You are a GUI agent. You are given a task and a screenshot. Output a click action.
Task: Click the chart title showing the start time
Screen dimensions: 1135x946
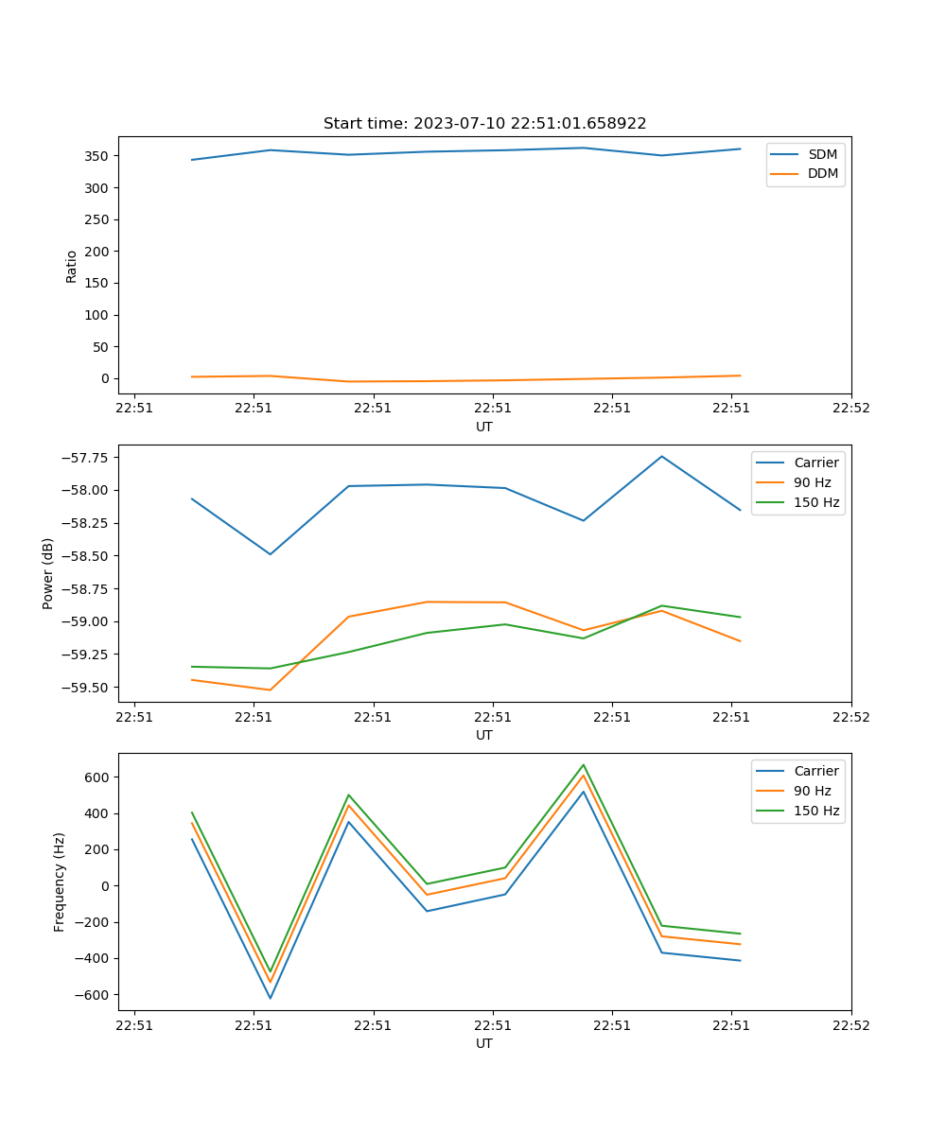(x=484, y=124)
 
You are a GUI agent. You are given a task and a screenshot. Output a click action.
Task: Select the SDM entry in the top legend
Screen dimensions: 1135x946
(x=822, y=154)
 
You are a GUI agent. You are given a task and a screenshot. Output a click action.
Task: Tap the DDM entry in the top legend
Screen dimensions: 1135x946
(x=823, y=173)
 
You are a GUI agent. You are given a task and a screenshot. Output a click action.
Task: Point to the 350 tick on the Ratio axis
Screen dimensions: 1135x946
(x=99, y=156)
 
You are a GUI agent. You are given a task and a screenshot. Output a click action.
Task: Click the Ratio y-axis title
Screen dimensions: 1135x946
(x=72, y=267)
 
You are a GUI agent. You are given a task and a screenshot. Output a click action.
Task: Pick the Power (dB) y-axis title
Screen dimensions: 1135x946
(x=48, y=573)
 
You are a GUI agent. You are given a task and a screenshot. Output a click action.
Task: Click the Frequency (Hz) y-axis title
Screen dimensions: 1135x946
(x=60, y=882)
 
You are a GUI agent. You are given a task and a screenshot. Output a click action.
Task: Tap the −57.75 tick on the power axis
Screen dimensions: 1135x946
(x=87, y=458)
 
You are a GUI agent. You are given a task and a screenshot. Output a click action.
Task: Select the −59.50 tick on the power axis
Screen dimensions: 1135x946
(x=87, y=688)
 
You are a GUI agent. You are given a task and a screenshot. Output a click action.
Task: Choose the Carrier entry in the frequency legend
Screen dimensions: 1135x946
(x=816, y=771)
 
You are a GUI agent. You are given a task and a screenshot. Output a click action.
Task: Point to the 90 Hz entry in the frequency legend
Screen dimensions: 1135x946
(x=812, y=791)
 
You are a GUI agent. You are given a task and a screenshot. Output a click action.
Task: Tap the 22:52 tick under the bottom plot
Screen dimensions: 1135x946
(x=850, y=1025)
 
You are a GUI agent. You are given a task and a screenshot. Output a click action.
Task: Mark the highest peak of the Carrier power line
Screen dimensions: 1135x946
(x=661, y=457)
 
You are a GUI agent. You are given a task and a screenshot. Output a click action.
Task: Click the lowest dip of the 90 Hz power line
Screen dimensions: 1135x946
(x=271, y=690)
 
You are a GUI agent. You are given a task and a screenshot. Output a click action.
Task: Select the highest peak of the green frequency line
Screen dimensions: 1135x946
(x=583, y=765)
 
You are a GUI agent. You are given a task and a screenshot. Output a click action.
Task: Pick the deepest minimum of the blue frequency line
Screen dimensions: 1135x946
(x=271, y=998)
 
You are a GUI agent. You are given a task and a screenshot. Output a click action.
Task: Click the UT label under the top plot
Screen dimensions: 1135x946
(x=484, y=427)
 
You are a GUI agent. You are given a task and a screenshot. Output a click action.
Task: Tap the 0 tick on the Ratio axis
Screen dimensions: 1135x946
(x=107, y=378)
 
